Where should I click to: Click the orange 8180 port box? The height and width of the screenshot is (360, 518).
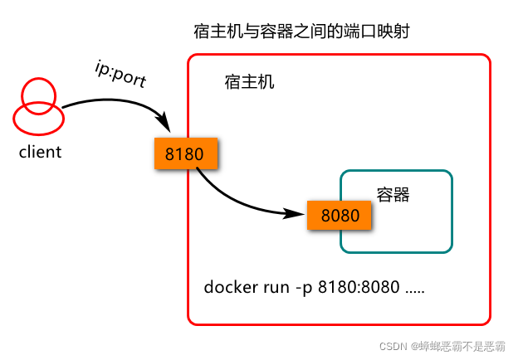[x=186, y=153]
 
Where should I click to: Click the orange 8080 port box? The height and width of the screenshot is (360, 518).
[x=340, y=215]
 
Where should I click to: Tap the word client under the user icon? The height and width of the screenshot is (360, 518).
[x=40, y=152]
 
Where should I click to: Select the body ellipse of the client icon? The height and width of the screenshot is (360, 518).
[x=39, y=134]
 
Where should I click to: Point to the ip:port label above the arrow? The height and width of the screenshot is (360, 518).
[x=120, y=75]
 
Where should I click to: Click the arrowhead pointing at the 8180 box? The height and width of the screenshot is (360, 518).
[x=165, y=123]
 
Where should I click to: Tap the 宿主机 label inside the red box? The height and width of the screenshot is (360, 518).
[x=249, y=82]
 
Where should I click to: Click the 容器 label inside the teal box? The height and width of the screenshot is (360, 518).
[x=393, y=194]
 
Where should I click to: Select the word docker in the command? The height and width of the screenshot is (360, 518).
[x=231, y=287]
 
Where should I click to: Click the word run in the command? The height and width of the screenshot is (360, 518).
[x=276, y=287]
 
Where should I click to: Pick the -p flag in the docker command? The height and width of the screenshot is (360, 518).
[x=304, y=288]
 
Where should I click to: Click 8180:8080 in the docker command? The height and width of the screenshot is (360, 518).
[x=359, y=287]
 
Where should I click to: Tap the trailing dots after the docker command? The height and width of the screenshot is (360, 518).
[x=415, y=292]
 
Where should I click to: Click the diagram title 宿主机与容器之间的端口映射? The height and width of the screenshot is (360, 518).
[x=301, y=32]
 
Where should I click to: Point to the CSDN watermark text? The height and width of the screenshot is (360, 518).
[x=442, y=346]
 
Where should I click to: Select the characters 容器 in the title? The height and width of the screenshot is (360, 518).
[x=276, y=32]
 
